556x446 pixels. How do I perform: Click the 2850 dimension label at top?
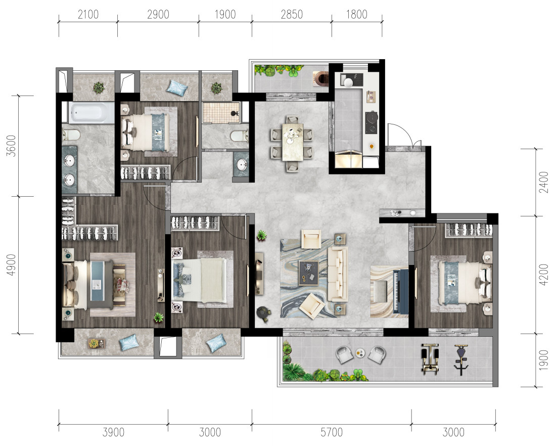[x=292, y=15]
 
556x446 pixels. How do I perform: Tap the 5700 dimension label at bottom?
[x=332, y=432]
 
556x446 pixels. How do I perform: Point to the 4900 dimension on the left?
[x=11, y=264]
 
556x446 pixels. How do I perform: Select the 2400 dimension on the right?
[x=543, y=183]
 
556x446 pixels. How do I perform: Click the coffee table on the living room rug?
[x=308, y=273]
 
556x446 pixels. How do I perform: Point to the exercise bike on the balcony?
[x=461, y=360]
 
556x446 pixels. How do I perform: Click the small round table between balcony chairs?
[x=360, y=352]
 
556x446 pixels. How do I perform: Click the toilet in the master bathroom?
[x=71, y=135]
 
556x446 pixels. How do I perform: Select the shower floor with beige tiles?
[x=221, y=112]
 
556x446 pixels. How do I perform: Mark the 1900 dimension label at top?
[x=225, y=15]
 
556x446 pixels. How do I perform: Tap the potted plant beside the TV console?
[x=262, y=235]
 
